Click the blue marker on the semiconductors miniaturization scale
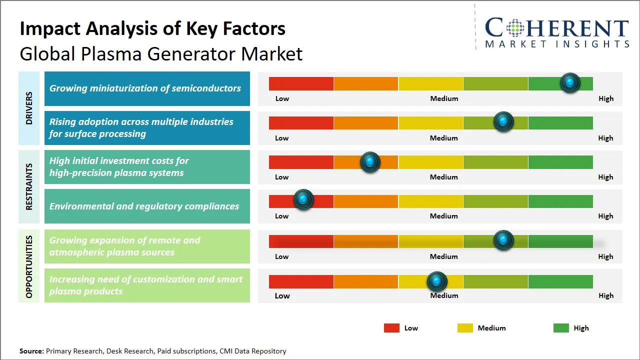pos(570,82)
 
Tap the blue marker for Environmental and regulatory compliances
pos(303,199)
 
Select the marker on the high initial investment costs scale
pos(370,161)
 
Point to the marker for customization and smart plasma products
pos(437,281)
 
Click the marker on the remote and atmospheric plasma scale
pos(503,240)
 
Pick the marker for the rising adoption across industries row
pos(503,121)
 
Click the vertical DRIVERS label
pos(29,108)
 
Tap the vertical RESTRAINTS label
pos(29,186)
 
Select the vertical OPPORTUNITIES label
pos(29,266)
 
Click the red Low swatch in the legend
pos(391,328)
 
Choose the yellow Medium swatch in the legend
pos(465,328)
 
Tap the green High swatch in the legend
pos(561,328)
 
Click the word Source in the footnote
pos(31,351)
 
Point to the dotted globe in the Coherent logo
pos(514,28)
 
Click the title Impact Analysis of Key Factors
pos(152,28)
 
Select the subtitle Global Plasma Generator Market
pos(161,53)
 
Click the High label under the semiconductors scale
pos(605,98)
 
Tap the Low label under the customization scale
pos(282,295)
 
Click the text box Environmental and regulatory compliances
pos(147,206)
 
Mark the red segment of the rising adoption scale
pos(301,122)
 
